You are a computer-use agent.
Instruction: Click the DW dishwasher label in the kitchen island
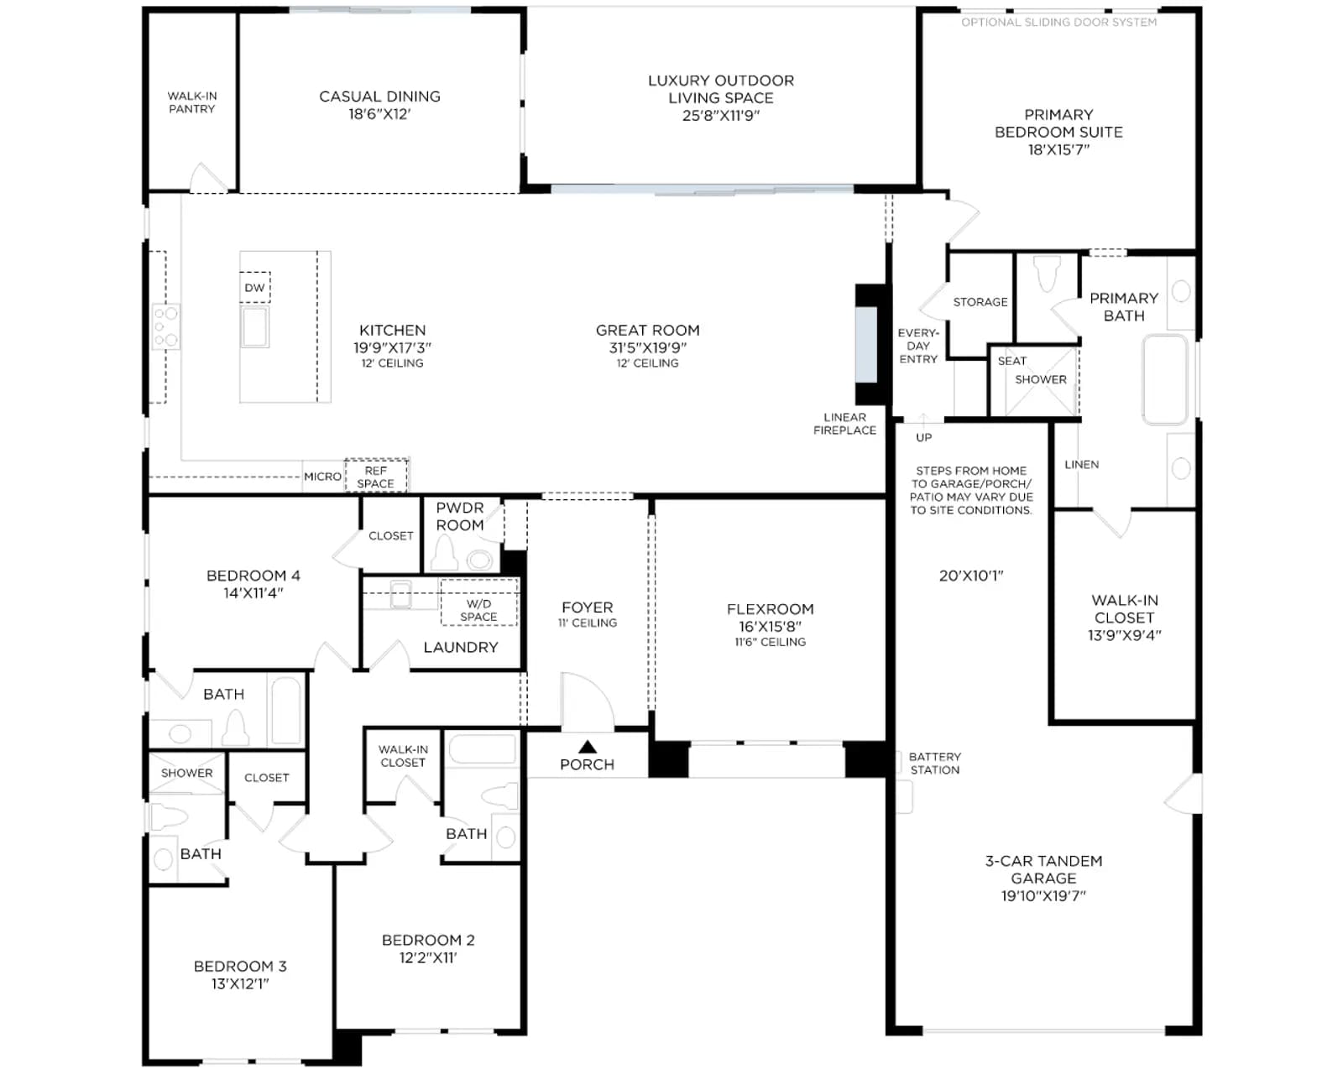[x=254, y=288]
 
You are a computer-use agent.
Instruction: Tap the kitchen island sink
[x=255, y=326]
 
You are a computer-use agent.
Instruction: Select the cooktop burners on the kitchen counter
[x=167, y=326]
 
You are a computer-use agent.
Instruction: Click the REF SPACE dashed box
[x=376, y=476]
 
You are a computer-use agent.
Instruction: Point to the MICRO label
[x=322, y=477]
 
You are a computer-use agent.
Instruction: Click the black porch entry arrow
[x=588, y=747]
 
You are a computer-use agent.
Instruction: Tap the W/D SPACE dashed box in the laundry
[x=479, y=602]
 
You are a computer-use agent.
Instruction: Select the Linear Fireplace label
[x=844, y=424]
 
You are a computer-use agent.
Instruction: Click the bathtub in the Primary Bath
[x=1164, y=379]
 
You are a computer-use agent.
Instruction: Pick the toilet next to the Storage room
[x=1048, y=274]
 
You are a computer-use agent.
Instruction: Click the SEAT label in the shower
[x=1011, y=361]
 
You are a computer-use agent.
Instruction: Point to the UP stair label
[x=923, y=437]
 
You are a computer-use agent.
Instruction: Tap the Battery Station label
[x=934, y=764]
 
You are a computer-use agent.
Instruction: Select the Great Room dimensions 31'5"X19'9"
[x=648, y=347]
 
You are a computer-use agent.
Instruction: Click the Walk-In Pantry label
[x=192, y=102]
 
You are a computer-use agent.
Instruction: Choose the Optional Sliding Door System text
[x=1058, y=23]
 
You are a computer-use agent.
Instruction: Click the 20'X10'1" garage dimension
[x=971, y=576]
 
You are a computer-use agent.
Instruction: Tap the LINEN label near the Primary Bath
[x=1081, y=464]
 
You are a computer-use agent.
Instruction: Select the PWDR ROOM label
[x=460, y=516]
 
